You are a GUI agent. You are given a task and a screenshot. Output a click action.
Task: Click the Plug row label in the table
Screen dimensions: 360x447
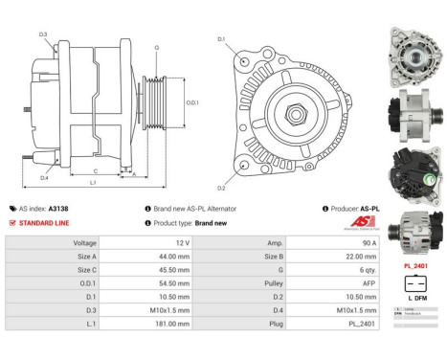click(x=247, y=325)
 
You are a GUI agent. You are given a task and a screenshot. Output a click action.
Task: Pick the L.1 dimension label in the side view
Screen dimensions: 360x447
click(x=92, y=182)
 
